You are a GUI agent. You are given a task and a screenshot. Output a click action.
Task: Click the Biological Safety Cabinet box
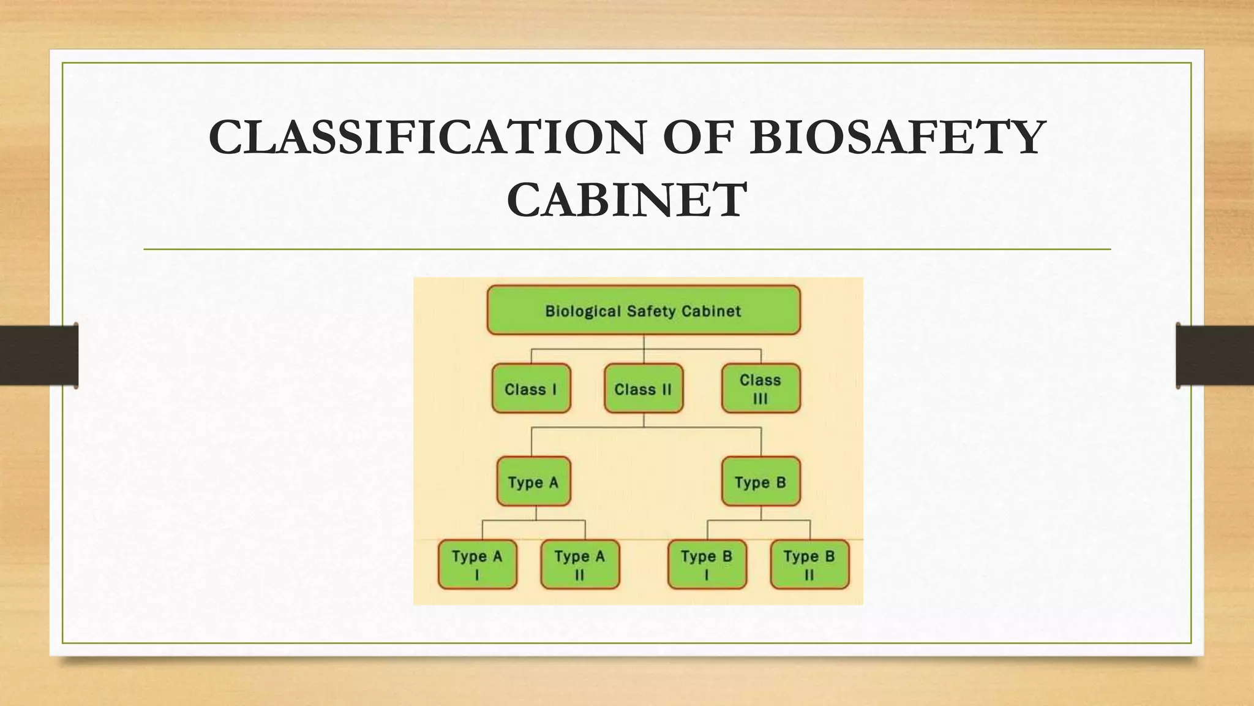click(x=644, y=310)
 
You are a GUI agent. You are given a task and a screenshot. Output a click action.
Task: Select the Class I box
click(x=531, y=389)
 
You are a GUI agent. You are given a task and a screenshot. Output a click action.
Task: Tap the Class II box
click(x=643, y=389)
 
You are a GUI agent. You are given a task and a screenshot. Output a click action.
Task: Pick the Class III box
click(x=760, y=389)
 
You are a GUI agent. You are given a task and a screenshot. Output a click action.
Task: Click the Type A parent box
click(x=533, y=482)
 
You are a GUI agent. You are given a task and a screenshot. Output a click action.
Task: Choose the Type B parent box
click(x=760, y=482)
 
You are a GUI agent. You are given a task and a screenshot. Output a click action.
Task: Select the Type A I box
click(x=477, y=564)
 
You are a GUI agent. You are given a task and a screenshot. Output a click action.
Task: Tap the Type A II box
click(x=579, y=564)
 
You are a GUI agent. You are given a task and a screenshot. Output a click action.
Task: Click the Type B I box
click(x=707, y=564)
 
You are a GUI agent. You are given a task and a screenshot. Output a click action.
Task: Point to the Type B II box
click(x=809, y=564)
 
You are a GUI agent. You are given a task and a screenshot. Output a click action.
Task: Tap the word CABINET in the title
click(x=627, y=200)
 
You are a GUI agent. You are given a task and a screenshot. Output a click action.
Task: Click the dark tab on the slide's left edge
click(x=39, y=355)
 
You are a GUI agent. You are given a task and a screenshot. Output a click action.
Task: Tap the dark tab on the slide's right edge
click(x=1215, y=355)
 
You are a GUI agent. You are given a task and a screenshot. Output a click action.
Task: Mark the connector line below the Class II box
click(x=644, y=420)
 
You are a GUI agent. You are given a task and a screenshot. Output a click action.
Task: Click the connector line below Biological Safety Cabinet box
click(x=644, y=343)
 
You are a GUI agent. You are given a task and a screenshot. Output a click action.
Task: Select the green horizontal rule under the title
click(x=627, y=249)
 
